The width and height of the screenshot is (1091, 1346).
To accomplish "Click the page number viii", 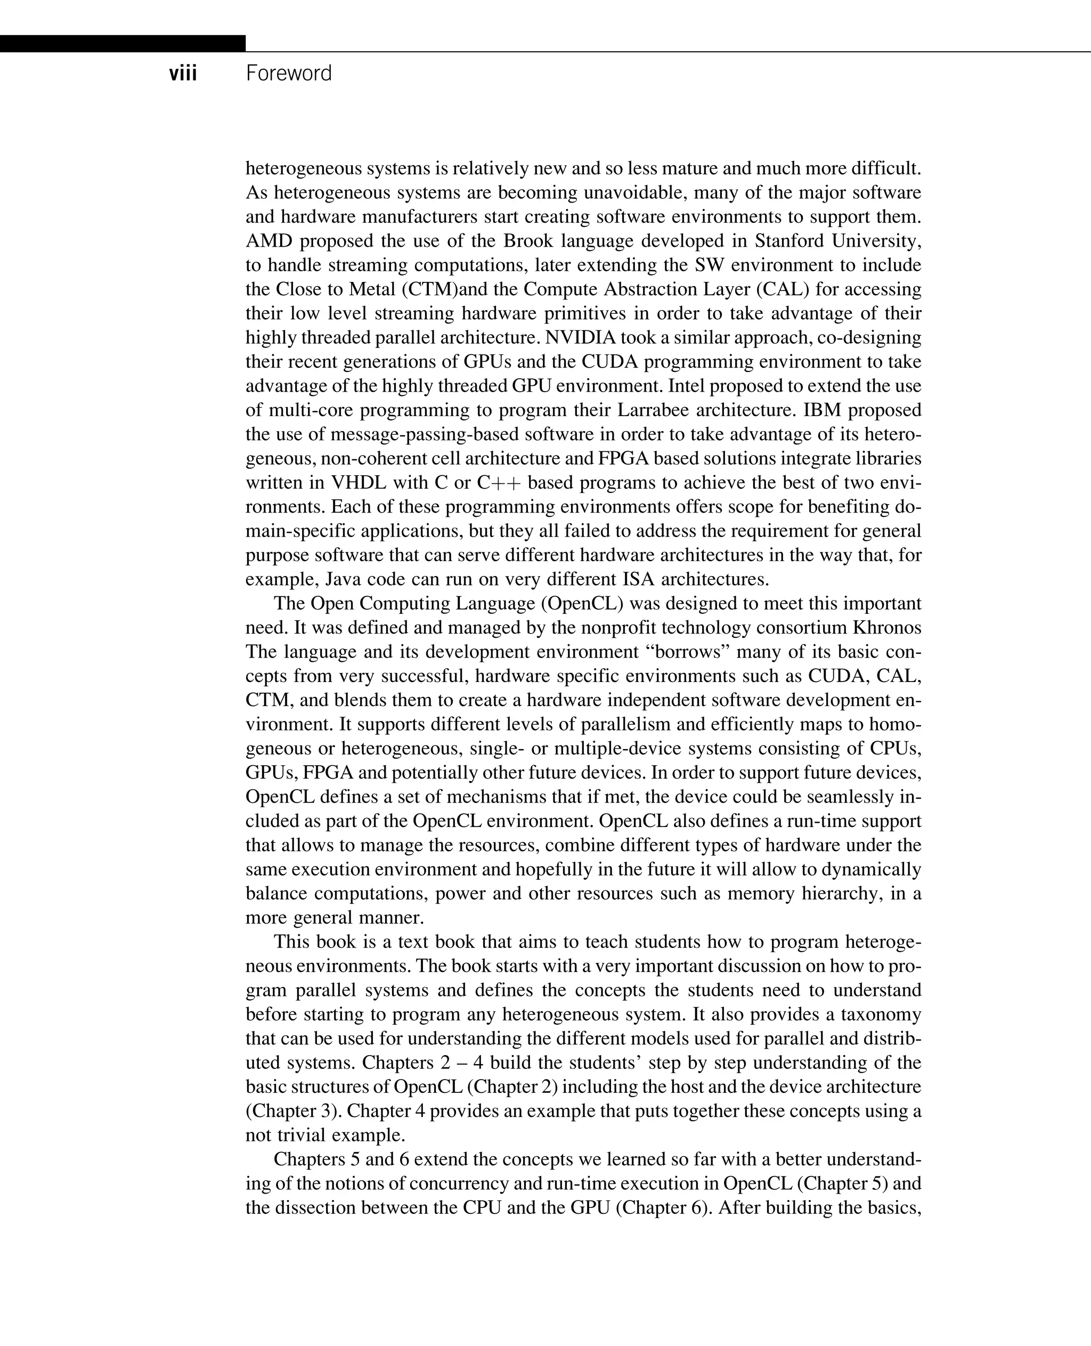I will pos(183,74).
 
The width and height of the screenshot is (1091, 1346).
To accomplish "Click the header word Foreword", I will pos(288,74).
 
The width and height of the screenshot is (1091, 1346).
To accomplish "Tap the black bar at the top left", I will pos(123,43).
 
